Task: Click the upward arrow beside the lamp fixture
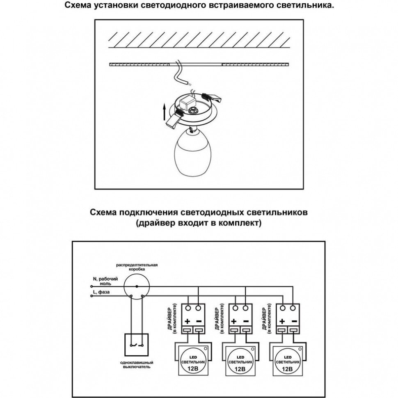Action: tap(164, 111)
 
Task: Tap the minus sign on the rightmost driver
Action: tap(294, 321)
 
